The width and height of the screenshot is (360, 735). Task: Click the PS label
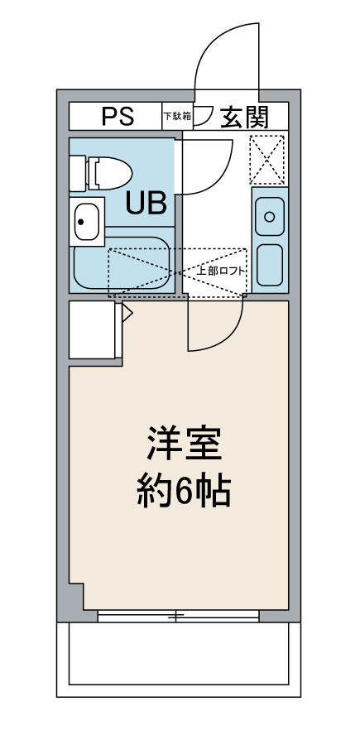coord(118,116)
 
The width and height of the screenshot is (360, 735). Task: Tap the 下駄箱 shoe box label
coord(178,116)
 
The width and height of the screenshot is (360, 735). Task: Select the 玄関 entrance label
coord(245,117)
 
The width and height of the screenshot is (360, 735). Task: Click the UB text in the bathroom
coord(146,204)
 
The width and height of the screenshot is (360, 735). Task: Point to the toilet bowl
coord(111,173)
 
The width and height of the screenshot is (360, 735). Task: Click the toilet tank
coord(77,174)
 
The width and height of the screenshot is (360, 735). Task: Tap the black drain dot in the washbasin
coord(81,221)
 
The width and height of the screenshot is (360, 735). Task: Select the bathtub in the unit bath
coord(122,263)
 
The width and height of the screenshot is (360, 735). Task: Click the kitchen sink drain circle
coord(269,217)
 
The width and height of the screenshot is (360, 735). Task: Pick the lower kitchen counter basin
coord(270,265)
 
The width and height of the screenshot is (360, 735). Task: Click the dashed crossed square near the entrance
coord(266,160)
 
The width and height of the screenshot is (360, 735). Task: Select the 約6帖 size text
coord(184,492)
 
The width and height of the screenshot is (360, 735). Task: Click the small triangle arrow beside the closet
coord(127,313)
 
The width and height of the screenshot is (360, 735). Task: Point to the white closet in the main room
coord(92,330)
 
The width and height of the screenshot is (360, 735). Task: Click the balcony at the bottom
coord(179,659)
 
